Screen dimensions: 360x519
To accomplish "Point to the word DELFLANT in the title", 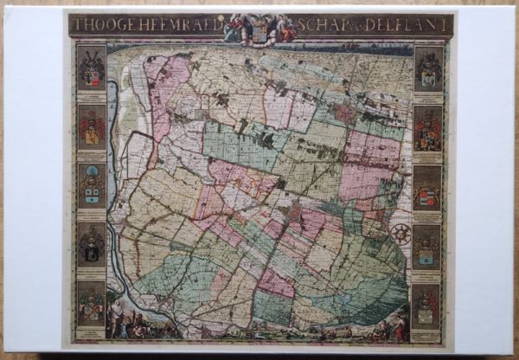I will coord(410,26).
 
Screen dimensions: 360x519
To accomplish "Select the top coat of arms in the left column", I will coord(91,69).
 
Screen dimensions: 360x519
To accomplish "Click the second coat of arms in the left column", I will coord(91,127).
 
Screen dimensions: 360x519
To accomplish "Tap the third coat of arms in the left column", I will coord(91,185).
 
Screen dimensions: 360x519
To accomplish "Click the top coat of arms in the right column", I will coord(428,69).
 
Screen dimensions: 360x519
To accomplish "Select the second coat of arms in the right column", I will coord(428,128).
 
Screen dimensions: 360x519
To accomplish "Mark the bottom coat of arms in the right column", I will coord(428,305).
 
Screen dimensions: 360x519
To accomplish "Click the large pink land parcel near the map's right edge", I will coord(370,164).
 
